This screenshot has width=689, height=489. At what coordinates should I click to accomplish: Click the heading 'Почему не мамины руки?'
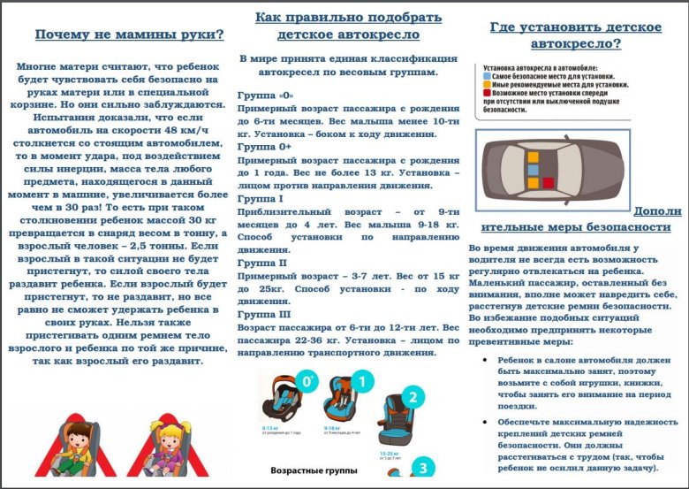tap(129, 35)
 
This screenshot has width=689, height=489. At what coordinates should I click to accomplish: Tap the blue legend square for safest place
tap(487, 76)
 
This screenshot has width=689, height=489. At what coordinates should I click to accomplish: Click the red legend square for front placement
tap(487, 94)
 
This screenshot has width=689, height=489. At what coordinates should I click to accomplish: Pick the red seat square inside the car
tap(547, 182)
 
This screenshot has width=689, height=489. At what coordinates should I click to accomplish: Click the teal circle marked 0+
tap(308, 381)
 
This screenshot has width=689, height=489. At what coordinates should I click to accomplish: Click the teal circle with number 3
tap(423, 467)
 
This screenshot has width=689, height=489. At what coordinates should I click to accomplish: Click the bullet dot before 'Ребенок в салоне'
tap(489, 361)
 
